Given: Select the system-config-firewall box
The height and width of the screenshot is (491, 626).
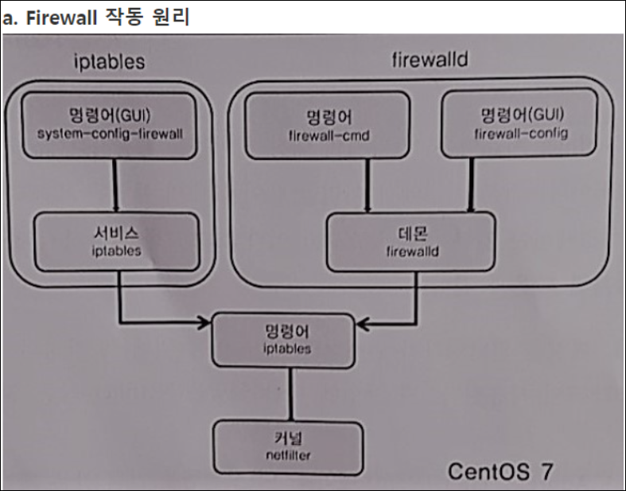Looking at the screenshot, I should [110, 123].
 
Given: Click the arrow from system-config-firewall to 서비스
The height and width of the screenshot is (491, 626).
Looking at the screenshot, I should [116, 185].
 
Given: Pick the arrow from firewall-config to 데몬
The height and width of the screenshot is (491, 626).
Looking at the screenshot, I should [471, 185].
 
